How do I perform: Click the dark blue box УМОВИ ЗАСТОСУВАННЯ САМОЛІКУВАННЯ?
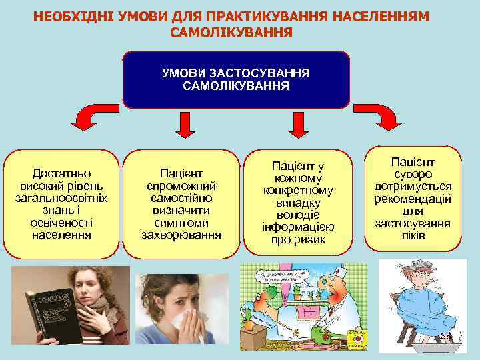[x=236, y=79]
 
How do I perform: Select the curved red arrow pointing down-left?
[x=86, y=118]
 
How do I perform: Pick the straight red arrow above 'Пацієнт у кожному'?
[x=297, y=126]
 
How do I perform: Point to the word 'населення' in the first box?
[x=62, y=235]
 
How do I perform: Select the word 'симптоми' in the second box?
[x=181, y=222]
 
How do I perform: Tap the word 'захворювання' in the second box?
[x=181, y=235]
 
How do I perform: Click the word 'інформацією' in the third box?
[x=298, y=227]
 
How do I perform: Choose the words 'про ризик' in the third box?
[x=298, y=240]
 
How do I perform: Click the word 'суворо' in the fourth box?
[x=413, y=175]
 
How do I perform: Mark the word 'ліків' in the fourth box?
[x=413, y=236]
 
